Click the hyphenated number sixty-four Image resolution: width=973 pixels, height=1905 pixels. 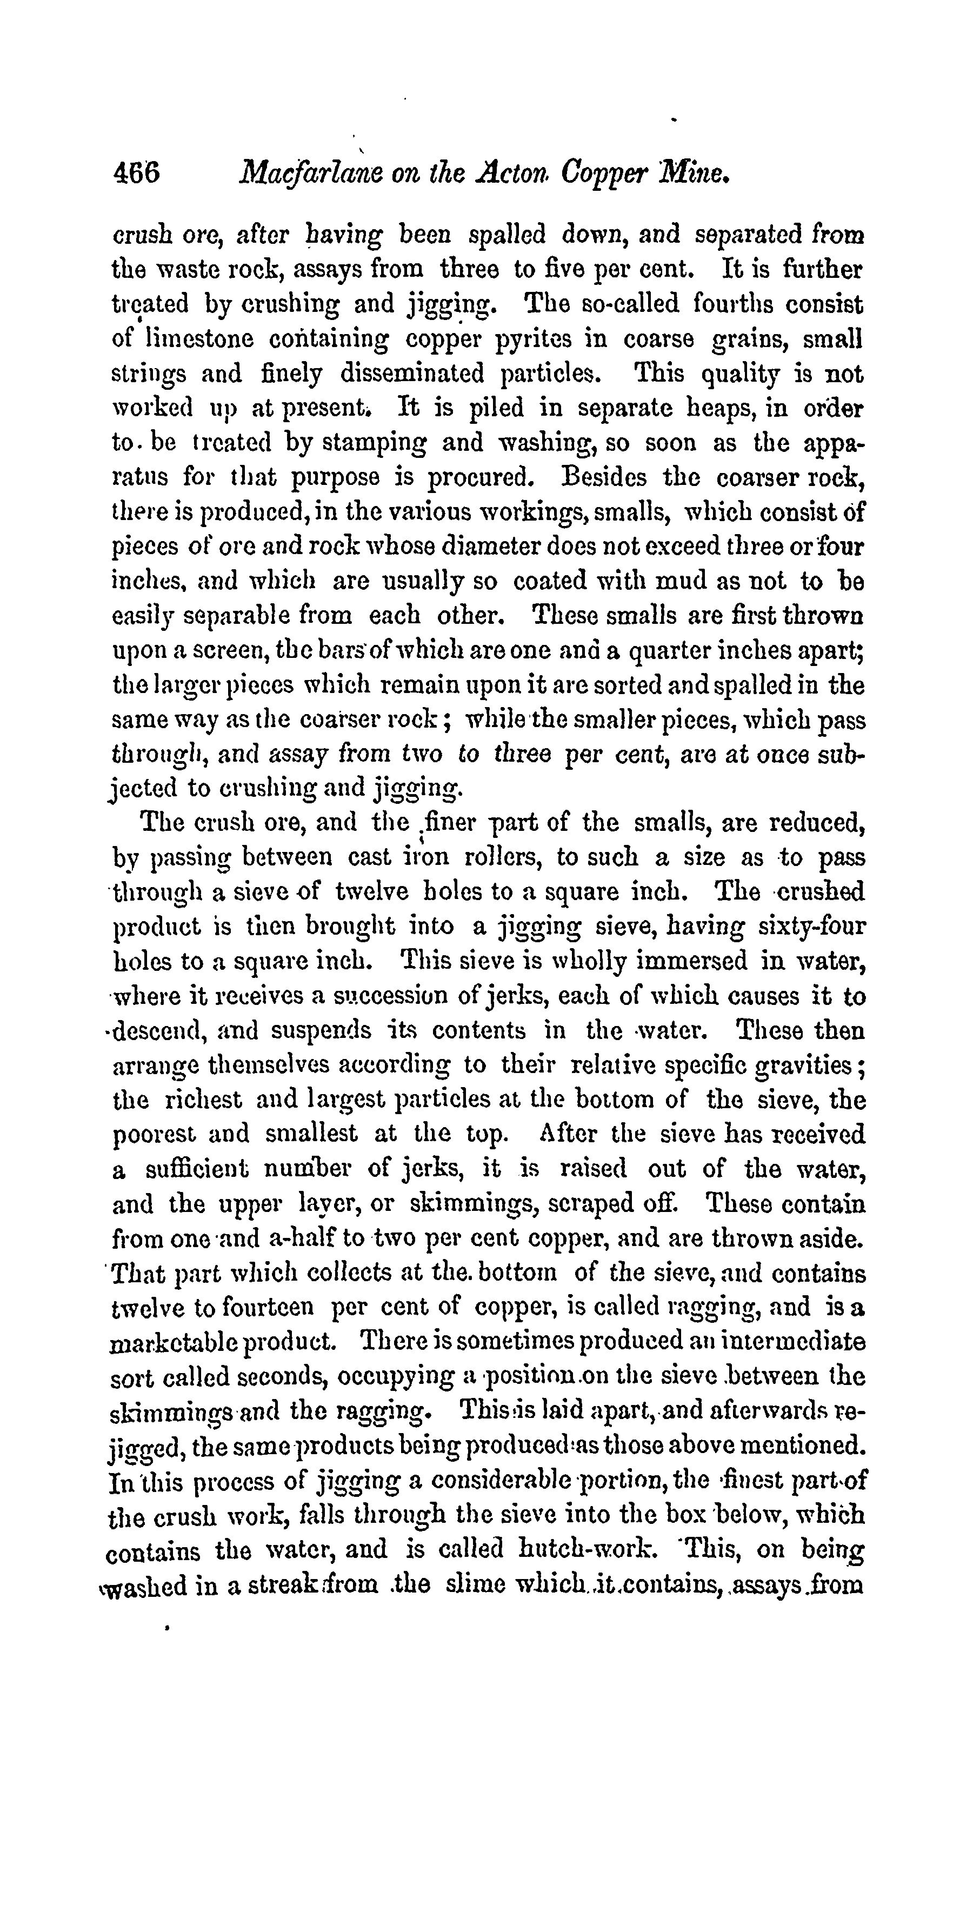(x=804, y=927)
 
